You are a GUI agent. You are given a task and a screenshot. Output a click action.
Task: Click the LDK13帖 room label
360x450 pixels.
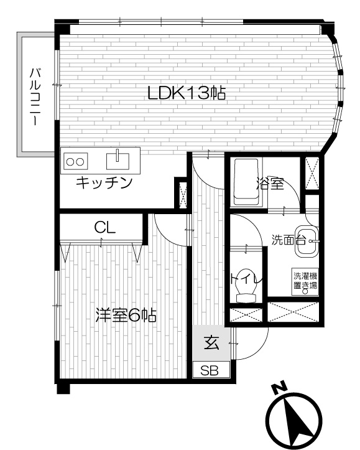coord(187,93)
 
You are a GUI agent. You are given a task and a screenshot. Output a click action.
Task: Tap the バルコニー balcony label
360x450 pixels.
coord(35,96)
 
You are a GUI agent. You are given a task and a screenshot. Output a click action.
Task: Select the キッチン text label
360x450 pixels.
coord(104,182)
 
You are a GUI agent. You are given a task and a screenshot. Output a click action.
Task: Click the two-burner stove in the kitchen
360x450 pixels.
coord(76,161)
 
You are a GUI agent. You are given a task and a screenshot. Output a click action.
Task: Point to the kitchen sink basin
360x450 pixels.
coord(118,161)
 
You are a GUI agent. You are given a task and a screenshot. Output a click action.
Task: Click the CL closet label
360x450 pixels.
coord(105,228)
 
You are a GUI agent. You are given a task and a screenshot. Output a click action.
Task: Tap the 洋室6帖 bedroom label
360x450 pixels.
coord(126,315)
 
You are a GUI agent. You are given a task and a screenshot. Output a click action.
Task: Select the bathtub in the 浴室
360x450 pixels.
coord(247,182)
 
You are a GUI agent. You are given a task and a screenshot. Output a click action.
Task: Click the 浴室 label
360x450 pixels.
coord(270,184)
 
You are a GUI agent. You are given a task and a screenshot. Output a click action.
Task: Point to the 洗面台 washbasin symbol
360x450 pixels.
coord(307,241)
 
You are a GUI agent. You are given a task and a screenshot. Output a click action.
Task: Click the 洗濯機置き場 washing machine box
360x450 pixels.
coord(305,281)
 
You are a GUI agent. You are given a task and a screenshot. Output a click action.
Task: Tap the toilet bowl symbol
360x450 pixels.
coord(246,286)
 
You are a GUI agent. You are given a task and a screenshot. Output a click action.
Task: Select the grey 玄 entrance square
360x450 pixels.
coord(211,343)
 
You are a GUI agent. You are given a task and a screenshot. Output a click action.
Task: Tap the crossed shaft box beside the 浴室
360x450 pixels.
coord(312,174)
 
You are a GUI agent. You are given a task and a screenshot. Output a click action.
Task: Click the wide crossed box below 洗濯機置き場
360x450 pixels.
coord(293,311)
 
